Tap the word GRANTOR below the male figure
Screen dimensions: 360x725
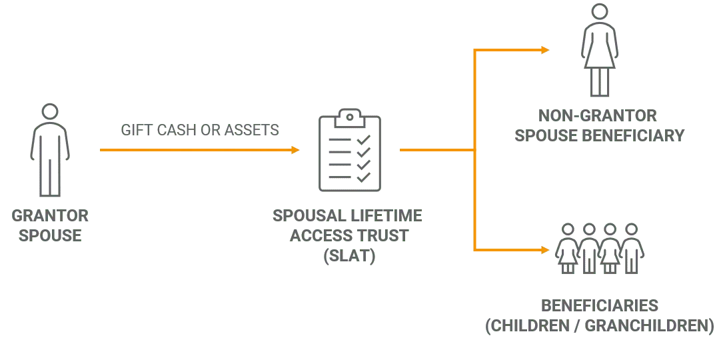pos(51,217)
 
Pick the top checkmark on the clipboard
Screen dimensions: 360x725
pos(364,141)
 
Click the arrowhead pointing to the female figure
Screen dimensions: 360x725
pos(544,49)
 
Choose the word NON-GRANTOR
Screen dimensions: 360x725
pos(600,115)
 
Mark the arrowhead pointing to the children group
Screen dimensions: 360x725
pos(544,251)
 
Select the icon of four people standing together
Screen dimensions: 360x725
pos(600,248)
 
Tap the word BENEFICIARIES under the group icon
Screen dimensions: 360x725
pos(600,307)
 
